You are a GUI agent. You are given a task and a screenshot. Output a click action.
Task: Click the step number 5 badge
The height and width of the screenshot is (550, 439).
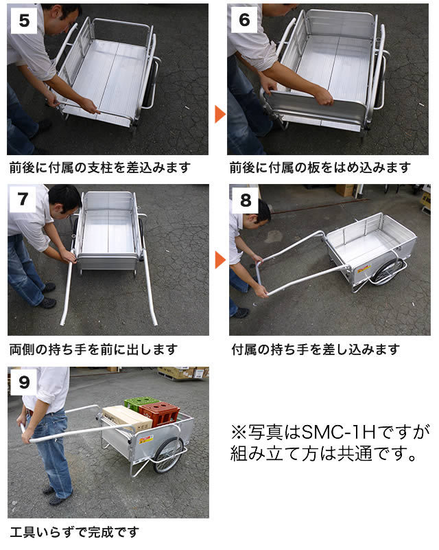click(x=24, y=21)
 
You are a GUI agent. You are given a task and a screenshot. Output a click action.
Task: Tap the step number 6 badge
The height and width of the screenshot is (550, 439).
click(x=244, y=20)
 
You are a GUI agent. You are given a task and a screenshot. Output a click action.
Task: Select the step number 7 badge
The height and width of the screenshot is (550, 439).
click(x=23, y=199)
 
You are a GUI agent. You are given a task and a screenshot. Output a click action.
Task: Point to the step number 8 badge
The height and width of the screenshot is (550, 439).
click(x=246, y=200)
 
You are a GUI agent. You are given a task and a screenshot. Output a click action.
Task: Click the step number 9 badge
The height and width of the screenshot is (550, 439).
click(x=24, y=382)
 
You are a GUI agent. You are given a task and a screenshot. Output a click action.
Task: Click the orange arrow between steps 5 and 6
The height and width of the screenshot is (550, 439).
click(x=220, y=115)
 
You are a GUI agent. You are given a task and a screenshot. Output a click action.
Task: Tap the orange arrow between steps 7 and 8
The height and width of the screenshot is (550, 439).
click(x=220, y=260)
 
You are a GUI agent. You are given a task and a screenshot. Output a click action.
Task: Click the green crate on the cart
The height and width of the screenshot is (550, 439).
click(x=141, y=402)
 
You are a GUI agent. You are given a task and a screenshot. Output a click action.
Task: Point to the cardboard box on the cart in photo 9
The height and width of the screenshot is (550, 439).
click(x=127, y=418)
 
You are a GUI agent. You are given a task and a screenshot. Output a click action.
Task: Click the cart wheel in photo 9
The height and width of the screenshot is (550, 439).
click(x=169, y=455)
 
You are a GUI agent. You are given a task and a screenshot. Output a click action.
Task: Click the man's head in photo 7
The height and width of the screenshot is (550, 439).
click(x=64, y=199)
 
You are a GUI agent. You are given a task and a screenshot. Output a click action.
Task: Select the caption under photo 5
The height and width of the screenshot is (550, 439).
click(x=100, y=168)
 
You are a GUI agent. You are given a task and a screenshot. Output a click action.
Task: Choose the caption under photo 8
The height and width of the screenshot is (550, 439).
click(x=316, y=350)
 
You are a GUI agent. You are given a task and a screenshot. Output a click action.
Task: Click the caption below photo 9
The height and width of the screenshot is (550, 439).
click(x=74, y=532)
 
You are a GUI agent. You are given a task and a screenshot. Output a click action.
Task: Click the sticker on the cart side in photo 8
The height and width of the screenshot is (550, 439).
click(x=364, y=269)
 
